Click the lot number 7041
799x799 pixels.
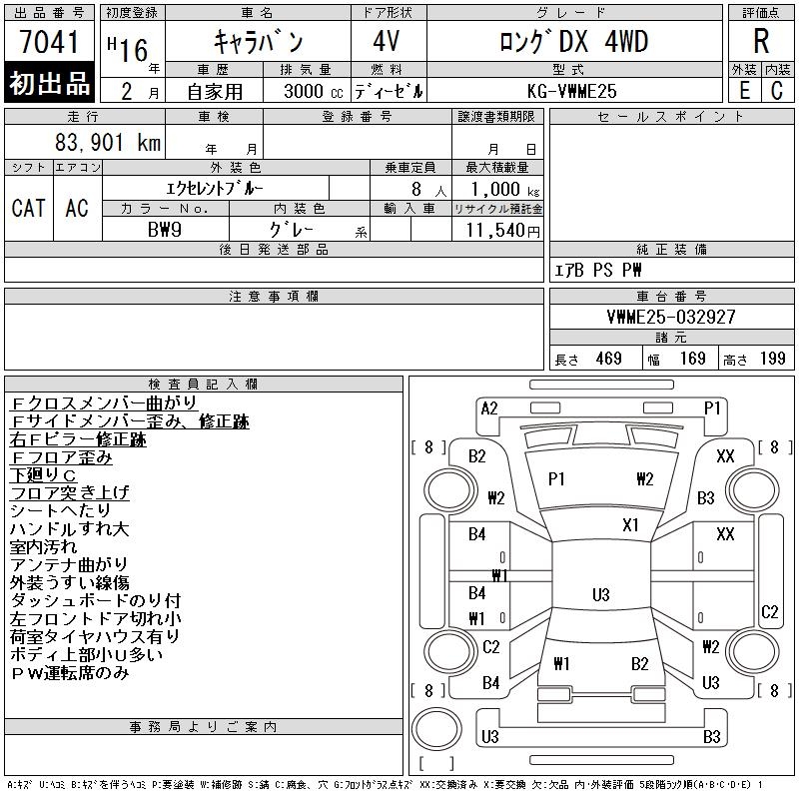click(x=50, y=43)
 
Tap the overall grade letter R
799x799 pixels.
click(x=761, y=42)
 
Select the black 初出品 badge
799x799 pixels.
click(x=50, y=84)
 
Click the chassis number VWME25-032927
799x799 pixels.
click(x=671, y=317)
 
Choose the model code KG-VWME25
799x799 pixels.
click(x=572, y=91)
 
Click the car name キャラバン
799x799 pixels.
click(x=259, y=42)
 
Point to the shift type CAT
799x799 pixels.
click(x=28, y=208)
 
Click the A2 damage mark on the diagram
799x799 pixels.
click(x=489, y=408)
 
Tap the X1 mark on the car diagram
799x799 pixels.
click(x=631, y=524)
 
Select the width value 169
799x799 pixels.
click(x=692, y=359)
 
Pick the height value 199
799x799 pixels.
click(x=772, y=359)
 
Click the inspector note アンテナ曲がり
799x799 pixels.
click(x=69, y=565)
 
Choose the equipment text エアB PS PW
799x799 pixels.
click(x=598, y=271)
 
